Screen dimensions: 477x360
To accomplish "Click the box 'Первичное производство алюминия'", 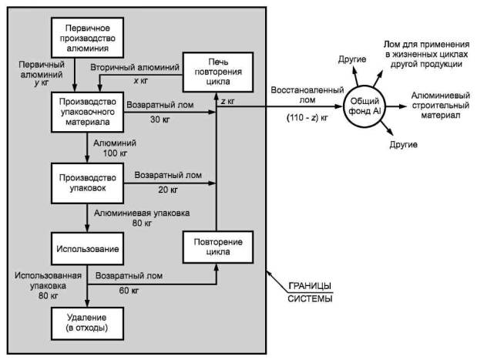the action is (87, 38).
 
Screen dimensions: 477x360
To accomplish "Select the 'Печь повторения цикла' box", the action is (218, 72).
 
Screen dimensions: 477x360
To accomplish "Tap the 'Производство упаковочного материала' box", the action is (87, 112).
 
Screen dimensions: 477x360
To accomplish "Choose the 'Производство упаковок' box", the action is (87, 183).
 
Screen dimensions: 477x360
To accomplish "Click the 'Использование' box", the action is (87, 249).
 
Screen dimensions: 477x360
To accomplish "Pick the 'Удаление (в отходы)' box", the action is (87, 323).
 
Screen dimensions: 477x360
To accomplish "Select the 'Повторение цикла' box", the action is (218, 247).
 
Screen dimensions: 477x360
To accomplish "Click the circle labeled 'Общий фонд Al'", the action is (364, 106).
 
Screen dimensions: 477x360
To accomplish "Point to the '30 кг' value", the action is (160, 119).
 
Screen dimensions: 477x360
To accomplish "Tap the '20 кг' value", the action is (168, 190).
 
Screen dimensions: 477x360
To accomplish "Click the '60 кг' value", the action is (129, 291).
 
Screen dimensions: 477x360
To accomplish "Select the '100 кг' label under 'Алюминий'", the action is (115, 153).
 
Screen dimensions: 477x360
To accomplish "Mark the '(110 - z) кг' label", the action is (307, 118).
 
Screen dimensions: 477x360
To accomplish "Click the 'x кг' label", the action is (140, 81).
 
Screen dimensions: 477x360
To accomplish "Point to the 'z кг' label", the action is (227, 101).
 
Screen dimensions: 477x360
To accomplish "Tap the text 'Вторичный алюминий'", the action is (135, 67).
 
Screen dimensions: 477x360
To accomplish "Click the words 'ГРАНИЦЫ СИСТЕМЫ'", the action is (310, 292).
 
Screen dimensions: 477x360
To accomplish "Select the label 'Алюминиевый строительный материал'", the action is (441, 106).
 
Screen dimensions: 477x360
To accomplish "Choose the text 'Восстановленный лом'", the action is (307, 95).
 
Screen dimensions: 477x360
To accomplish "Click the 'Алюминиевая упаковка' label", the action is (142, 213).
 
